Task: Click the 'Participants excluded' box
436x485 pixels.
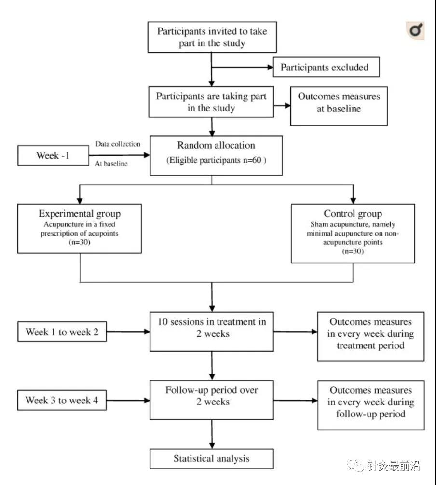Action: (326, 67)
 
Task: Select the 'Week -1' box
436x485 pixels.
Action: (53, 155)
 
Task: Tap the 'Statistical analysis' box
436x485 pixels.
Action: (212, 459)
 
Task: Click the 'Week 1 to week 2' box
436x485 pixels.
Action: (62, 332)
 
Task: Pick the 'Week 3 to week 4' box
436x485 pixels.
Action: (62, 400)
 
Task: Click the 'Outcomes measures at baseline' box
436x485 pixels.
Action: (339, 106)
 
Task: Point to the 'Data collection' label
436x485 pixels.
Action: (118, 144)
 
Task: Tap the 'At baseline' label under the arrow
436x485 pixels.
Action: (111, 164)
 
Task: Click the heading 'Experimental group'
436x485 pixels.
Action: (80, 214)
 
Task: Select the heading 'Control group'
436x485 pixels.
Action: (353, 214)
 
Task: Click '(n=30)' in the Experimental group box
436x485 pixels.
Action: (80, 242)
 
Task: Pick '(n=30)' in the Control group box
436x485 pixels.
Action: (353, 251)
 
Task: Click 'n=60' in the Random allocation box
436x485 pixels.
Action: (252, 160)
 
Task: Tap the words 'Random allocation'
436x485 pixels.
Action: (216, 145)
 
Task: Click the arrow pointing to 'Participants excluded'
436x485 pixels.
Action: (243, 67)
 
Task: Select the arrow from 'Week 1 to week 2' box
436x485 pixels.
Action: (128, 332)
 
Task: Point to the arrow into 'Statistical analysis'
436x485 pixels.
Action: (212, 434)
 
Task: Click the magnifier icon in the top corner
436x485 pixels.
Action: (415, 30)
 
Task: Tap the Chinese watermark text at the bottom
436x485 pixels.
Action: (394, 466)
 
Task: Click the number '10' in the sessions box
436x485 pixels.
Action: (163, 322)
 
